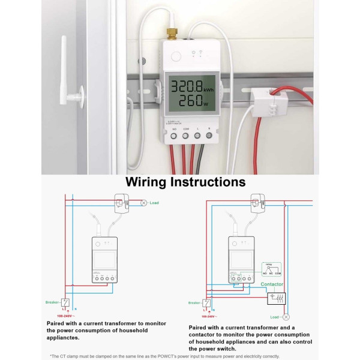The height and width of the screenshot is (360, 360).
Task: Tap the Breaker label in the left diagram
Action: click(x=52, y=302)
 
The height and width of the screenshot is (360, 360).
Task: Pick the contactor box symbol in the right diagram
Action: click(x=277, y=298)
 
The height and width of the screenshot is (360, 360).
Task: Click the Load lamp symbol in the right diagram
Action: click(x=286, y=316)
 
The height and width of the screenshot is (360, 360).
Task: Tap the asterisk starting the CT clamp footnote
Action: click(x=52, y=356)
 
